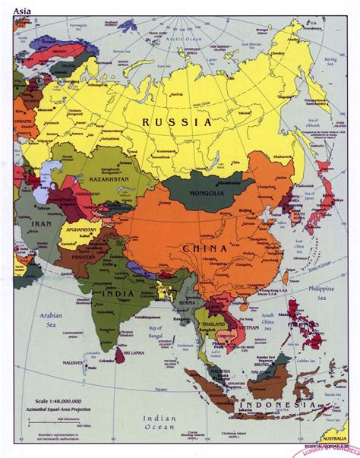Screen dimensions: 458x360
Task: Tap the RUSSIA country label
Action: pos(175,122)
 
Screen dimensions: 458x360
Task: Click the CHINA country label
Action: pos(205,248)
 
